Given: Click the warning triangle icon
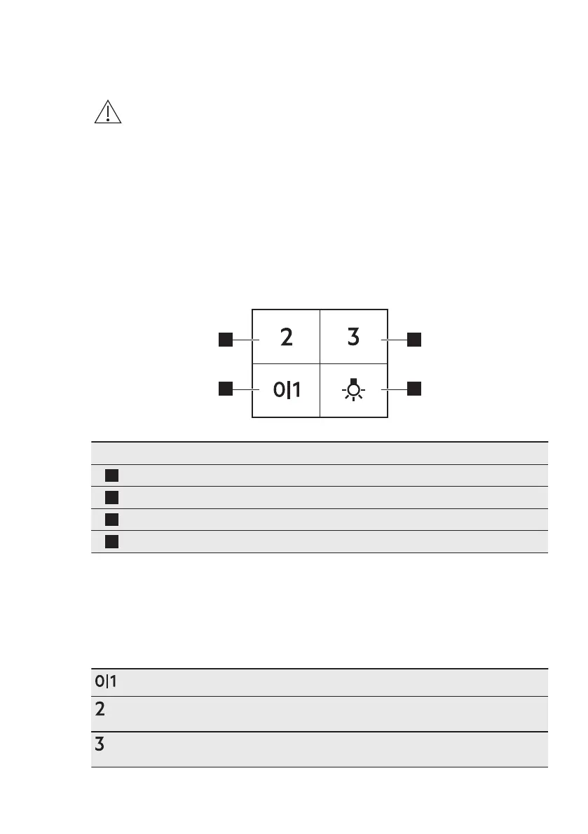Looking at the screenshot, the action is click(108, 112).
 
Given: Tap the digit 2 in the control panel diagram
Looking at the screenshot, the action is click(286, 338).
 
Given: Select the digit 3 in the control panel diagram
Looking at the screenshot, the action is click(354, 338).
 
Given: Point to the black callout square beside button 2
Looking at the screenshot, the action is click(225, 340).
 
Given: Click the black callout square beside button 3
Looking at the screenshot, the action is click(414, 340).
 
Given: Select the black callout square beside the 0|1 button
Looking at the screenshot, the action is click(225, 388).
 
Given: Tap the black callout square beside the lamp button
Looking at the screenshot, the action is click(414, 388).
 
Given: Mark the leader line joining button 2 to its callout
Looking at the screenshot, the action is click(246, 340).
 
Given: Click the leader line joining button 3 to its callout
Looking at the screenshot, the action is click(394, 340).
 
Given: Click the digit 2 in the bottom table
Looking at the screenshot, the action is click(100, 709).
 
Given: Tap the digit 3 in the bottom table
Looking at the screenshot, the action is click(100, 745).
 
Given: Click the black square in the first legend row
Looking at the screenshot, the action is click(111, 475).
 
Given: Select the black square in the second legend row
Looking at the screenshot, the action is click(111, 498).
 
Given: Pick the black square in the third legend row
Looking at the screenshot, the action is click(111, 520).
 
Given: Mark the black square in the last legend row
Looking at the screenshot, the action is click(111, 542).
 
